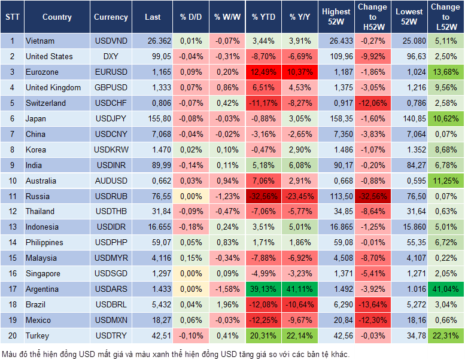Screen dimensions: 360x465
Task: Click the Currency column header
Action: [111, 17]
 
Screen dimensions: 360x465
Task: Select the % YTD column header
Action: [263, 17]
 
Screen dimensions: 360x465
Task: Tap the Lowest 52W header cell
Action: [409, 17]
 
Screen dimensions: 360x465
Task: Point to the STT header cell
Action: [12, 17]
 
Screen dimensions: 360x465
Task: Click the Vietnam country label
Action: [40, 41]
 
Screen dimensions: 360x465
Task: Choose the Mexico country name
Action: [38, 321]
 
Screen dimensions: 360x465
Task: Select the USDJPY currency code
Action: [111, 118]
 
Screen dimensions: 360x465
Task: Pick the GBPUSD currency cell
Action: [111, 87]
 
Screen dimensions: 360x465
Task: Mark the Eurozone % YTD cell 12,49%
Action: [263, 72]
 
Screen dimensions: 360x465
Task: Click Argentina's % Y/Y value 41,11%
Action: [300, 289]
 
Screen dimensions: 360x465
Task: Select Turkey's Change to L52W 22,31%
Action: [445, 336]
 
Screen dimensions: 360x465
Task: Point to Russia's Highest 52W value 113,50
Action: [336, 196]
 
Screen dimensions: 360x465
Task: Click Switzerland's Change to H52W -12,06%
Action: [372, 103]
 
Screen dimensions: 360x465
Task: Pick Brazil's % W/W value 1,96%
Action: [227, 305]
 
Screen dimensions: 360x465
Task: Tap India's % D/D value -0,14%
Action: [190, 165]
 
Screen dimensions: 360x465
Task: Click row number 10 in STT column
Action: [12, 181]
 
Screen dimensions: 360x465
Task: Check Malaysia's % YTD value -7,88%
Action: [263, 258]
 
